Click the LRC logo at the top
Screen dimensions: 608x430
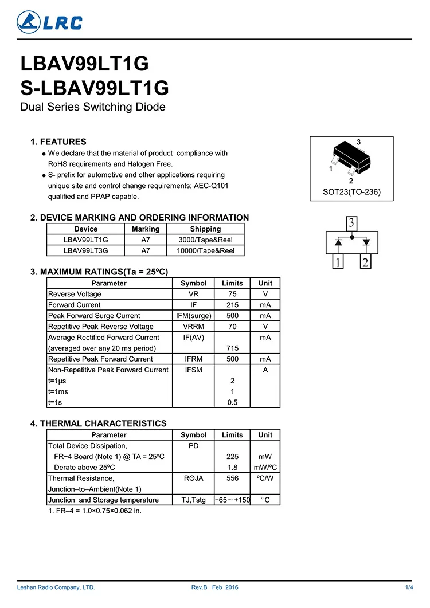[49, 22]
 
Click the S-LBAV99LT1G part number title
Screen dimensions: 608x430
[95, 88]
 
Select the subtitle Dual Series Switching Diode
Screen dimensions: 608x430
[93, 107]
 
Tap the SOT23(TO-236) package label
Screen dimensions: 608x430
[351, 192]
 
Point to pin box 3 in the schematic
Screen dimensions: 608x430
[352, 223]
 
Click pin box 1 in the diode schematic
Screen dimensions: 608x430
[339, 262]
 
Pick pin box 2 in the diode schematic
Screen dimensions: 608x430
[365, 262]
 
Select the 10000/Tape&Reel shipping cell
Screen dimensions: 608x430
[205, 250]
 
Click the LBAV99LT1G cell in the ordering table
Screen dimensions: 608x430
[86, 240]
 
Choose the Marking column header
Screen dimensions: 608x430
[146, 229]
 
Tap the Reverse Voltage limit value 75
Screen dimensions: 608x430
[232, 294]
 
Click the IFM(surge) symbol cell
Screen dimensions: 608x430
[193, 316]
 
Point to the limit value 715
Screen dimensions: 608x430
[232, 348]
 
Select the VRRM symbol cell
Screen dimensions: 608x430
[193, 327]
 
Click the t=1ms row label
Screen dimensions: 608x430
[58, 391]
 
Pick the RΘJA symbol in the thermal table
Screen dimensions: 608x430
[193, 478]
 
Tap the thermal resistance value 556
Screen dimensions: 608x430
[232, 478]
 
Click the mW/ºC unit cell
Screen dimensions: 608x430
[265, 467]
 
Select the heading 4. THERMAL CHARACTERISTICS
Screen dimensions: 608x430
[98, 423]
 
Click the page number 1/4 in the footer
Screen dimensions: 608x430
[409, 587]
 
